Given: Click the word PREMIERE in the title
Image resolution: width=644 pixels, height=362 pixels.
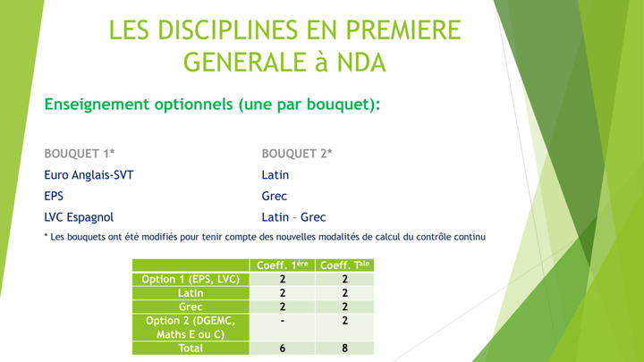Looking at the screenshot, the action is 403,30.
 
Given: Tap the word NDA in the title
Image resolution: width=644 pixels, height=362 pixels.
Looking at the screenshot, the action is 361,63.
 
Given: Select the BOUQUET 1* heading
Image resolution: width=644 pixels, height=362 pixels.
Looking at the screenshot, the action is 80,154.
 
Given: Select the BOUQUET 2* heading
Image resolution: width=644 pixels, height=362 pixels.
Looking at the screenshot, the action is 297,154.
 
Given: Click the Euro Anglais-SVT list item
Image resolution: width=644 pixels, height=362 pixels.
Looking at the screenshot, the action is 89,175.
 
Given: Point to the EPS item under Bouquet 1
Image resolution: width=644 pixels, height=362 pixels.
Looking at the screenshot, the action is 54,196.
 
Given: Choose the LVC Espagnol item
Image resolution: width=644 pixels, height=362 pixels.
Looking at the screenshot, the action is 79,217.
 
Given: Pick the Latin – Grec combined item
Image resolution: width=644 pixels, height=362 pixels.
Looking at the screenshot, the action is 293,217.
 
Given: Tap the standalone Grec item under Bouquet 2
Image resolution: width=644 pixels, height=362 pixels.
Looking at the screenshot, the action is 274,196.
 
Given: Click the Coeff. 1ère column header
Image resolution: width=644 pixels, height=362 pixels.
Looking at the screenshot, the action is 282,265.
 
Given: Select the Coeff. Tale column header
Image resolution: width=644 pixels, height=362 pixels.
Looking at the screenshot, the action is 344,265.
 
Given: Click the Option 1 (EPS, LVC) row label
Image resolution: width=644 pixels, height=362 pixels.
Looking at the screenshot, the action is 191,279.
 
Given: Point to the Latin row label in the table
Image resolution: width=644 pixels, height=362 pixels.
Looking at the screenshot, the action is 191,293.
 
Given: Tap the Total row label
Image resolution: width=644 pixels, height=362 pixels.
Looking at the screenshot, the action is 191,348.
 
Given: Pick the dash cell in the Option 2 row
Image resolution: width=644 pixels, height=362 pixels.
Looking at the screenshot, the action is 282,321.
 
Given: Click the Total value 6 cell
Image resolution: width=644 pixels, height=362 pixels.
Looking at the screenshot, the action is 282,348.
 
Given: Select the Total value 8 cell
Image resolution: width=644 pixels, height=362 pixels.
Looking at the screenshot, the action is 344,348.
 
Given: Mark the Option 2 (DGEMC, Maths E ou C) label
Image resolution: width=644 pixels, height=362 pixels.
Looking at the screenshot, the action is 191,327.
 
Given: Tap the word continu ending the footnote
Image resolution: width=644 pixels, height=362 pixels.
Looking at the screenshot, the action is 470,237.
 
